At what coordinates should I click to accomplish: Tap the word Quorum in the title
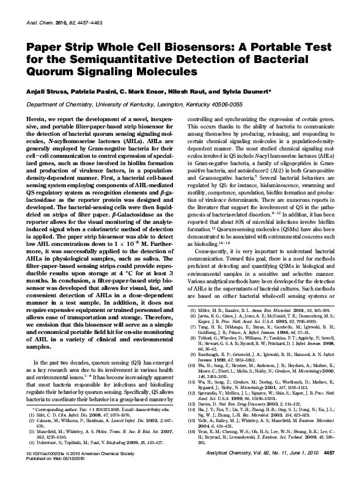[x=50, y=73]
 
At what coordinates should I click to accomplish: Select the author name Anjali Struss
[x=44, y=91]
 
